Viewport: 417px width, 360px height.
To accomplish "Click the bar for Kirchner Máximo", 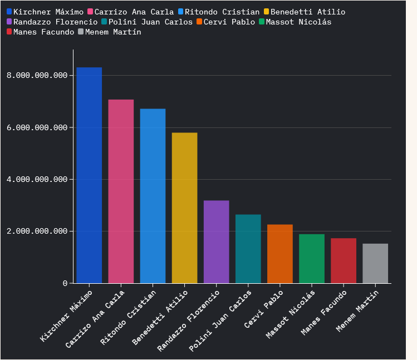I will coord(89,175).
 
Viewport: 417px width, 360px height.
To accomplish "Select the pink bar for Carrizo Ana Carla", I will coord(121,191).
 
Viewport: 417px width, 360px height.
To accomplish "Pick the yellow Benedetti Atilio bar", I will coord(184,208).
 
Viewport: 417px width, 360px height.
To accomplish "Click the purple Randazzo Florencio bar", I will coord(216,242).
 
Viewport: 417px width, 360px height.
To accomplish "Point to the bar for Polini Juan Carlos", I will coord(248,249).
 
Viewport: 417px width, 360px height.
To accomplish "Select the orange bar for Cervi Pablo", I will coord(279,254).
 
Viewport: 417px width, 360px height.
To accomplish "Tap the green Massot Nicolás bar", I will coord(311,259).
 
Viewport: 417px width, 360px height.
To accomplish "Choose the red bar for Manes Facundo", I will coord(343,261).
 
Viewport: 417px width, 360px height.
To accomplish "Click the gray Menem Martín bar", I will coord(375,264).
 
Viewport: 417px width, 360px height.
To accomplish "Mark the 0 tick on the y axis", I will coord(65,283).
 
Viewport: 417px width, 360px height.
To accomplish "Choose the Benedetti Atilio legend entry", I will coord(307,12).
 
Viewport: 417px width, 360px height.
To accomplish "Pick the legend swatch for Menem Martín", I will coord(81,32).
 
